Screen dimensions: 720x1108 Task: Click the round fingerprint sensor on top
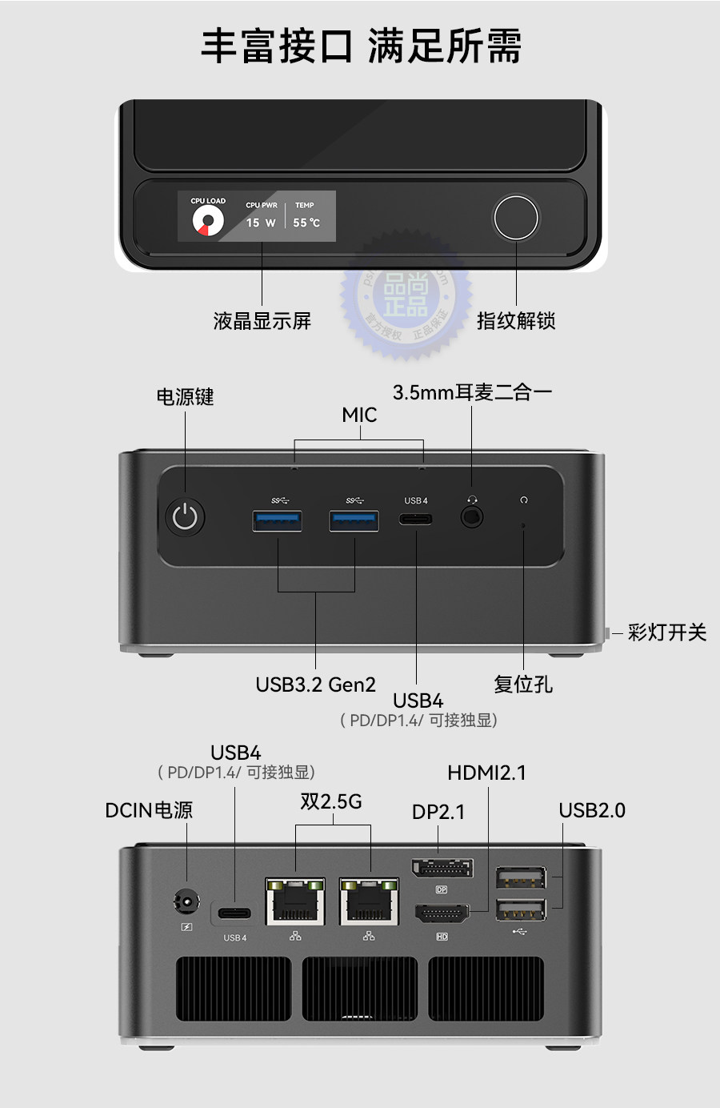516,217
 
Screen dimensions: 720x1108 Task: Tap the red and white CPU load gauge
208,222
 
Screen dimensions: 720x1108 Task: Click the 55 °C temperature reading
306,223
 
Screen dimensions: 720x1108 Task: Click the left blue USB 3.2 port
278,520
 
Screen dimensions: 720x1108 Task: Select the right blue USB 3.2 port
354,520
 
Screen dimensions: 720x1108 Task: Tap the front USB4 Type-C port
416,519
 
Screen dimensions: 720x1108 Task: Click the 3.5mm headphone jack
472,517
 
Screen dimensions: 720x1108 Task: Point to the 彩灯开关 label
667,632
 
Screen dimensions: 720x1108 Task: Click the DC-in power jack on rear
186,903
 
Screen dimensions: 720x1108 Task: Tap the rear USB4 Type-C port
234,913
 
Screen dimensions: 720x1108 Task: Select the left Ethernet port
295,901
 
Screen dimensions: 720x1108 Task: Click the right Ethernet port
369,901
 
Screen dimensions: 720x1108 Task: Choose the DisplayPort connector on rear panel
442,868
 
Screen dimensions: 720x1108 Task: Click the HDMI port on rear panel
442,913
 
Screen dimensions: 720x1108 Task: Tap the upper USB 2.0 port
521,878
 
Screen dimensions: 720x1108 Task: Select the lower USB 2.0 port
521,910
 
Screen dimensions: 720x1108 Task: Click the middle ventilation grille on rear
359,989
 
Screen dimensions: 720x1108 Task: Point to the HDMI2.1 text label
486,773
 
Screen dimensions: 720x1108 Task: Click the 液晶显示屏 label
262,321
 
